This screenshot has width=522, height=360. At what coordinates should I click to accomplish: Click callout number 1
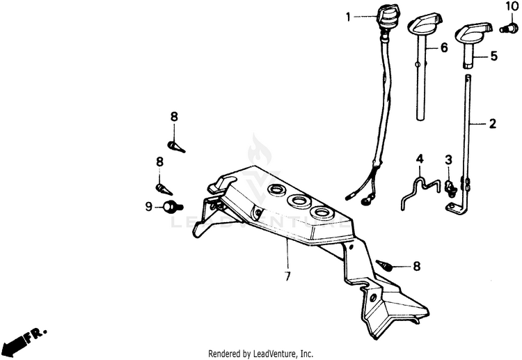coord(349,17)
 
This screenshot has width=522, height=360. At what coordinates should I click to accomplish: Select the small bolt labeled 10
coord(509,28)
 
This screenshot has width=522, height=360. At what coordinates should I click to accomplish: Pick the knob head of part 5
coord(470,33)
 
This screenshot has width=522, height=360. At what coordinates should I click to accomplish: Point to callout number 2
coord(492,124)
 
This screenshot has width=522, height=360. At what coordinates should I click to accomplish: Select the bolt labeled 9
coord(171,206)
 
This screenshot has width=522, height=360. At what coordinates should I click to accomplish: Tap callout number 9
coord(148,206)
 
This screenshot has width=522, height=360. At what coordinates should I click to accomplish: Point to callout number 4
coord(420,160)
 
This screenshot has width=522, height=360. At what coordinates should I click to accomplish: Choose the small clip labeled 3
coord(451,186)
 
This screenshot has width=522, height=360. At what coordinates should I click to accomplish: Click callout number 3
coord(449,160)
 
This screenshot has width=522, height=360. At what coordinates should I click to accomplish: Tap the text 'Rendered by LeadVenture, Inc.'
coord(261,353)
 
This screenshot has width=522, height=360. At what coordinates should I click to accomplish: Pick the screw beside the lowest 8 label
coord(384,265)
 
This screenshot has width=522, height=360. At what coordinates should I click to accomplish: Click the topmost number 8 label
coord(173,116)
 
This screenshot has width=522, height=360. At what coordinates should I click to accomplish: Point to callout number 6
coord(443,48)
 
